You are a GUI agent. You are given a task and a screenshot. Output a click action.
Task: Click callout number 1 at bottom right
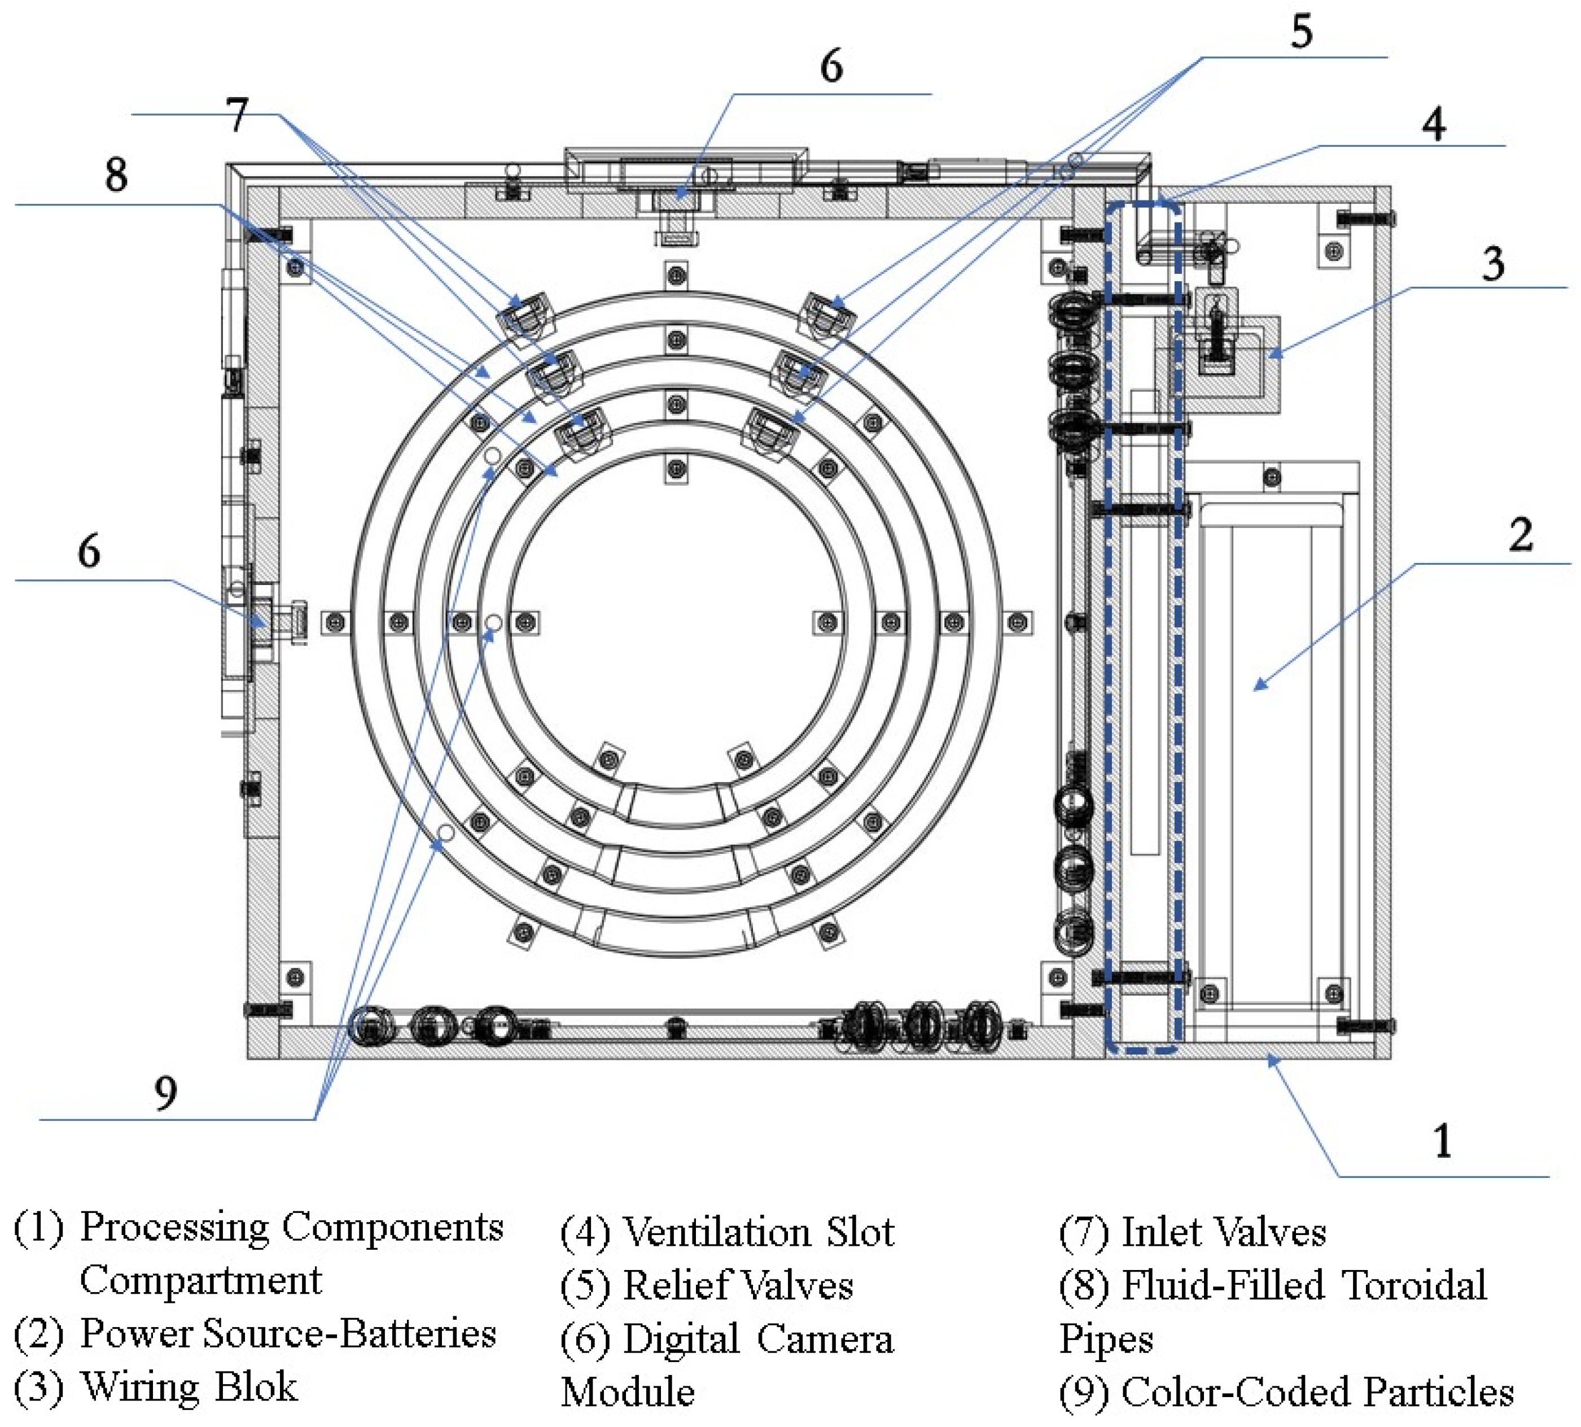(x=1442, y=1141)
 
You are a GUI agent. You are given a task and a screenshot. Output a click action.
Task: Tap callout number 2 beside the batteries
(x=1521, y=535)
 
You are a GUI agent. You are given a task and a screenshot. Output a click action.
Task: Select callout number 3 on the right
(x=1493, y=264)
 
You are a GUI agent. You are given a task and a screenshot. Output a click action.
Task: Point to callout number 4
(x=1434, y=124)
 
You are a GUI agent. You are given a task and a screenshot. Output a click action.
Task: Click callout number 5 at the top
(x=1301, y=32)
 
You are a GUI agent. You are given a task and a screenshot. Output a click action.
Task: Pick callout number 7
(x=237, y=115)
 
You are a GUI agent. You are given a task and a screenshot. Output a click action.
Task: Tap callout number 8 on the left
(x=116, y=174)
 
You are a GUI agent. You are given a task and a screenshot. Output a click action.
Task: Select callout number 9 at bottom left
(x=165, y=1092)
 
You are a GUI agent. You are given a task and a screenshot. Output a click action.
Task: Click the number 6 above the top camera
(x=831, y=66)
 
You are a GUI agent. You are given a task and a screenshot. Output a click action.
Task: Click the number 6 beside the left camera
(x=89, y=551)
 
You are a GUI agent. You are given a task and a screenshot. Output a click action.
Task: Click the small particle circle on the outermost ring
(x=446, y=831)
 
